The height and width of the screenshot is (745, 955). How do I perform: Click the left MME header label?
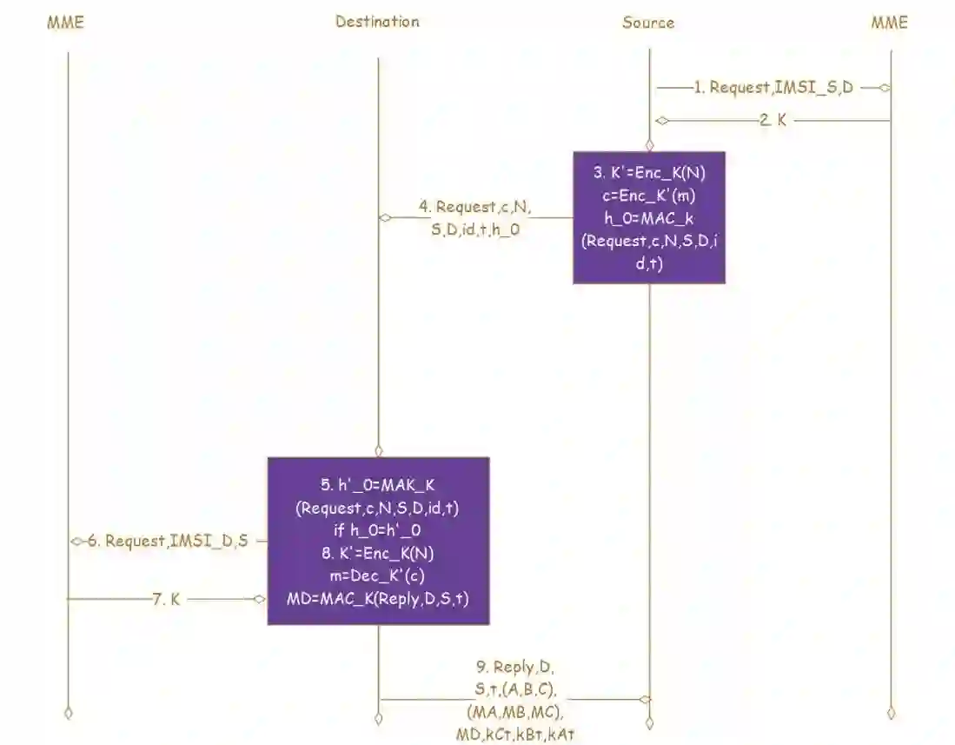coord(65,23)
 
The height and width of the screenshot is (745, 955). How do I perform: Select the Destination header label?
coord(377,22)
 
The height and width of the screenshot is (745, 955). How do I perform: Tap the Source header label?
coord(648,23)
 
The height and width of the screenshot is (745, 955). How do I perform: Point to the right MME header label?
coord(889,23)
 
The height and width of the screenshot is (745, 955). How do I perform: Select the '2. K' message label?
coord(773,121)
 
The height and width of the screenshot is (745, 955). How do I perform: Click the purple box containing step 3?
coord(648,217)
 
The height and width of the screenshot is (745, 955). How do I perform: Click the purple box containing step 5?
coord(378,540)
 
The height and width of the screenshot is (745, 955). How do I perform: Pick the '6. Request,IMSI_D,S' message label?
coord(177,541)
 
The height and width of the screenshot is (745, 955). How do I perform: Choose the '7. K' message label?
coord(167,599)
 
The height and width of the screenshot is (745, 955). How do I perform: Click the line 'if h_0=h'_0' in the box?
coord(377,530)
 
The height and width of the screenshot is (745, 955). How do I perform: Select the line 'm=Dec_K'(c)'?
coord(377,575)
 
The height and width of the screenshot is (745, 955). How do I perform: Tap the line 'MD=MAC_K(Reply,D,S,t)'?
coord(377,599)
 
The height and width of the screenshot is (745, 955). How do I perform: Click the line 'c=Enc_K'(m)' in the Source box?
coord(648,196)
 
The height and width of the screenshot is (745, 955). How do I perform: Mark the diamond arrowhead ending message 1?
coord(885,87)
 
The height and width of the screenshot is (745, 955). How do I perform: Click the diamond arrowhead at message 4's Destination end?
coord(385,217)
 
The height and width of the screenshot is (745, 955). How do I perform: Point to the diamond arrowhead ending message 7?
coord(259,599)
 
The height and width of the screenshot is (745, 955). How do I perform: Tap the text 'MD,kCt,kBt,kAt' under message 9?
coord(514,735)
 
